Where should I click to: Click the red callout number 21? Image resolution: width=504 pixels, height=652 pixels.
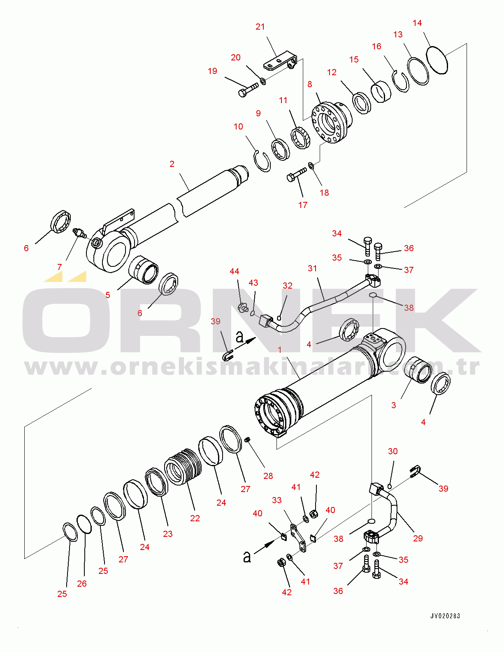click(260, 27)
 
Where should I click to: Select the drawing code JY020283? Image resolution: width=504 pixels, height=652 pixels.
click(445, 616)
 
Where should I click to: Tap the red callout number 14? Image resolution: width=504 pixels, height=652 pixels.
click(417, 23)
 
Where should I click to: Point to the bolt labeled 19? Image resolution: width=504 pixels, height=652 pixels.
click(248, 90)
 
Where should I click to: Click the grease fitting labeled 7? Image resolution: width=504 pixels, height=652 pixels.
click(79, 233)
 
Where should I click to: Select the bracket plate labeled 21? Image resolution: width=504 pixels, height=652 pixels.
click(280, 62)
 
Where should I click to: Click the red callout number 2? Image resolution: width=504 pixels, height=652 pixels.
click(172, 164)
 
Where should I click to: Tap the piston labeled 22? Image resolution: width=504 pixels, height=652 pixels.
click(183, 467)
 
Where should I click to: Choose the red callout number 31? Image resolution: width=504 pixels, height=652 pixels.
click(312, 268)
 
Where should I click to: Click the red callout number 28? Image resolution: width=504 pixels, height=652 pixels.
click(268, 476)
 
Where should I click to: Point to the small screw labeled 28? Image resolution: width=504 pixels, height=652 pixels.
click(248, 439)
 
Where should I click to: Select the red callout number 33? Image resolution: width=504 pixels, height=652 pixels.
click(276, 500)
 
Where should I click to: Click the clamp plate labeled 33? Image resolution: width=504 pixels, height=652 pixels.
click(298, 538)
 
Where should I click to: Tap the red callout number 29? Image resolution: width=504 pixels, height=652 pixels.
click(418, 538)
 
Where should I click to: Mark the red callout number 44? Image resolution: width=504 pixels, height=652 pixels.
click(234, 271)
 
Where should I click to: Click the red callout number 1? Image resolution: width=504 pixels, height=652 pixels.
click(279, 350)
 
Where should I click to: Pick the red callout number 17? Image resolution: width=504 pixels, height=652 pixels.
click(302, 205)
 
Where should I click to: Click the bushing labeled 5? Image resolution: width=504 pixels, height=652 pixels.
click(144, 270)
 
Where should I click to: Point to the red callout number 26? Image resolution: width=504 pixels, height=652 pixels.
click(81, 584)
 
